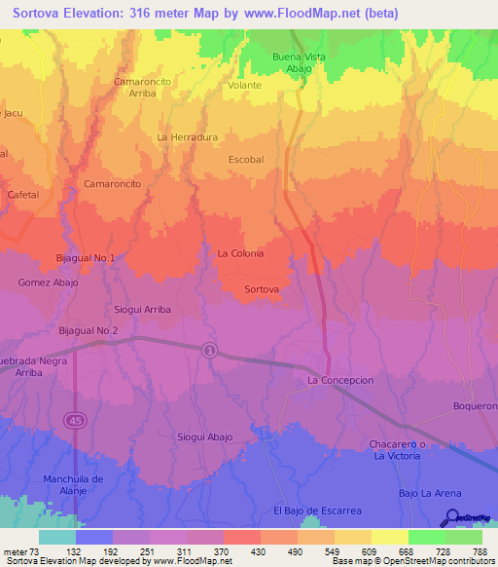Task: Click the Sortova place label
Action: (x=263, y=290)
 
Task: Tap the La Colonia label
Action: (x=240, y=253)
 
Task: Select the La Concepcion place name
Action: (x=340, y=380)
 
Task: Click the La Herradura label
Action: (x=188, y=137)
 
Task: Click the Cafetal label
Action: (x=22, y=195)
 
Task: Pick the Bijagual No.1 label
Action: (x=86, y=258)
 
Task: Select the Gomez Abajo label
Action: (x=48, y=283)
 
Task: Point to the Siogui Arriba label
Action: (x=143, y=309)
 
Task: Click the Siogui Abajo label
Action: (x=205, y=437)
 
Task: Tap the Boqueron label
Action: (x=476, y=405)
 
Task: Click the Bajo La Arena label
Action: (x=428, y=494)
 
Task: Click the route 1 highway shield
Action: (x=209, y=351)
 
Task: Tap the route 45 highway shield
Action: (x=75, y=420)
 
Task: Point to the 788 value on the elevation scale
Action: (x=480, y=551)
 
